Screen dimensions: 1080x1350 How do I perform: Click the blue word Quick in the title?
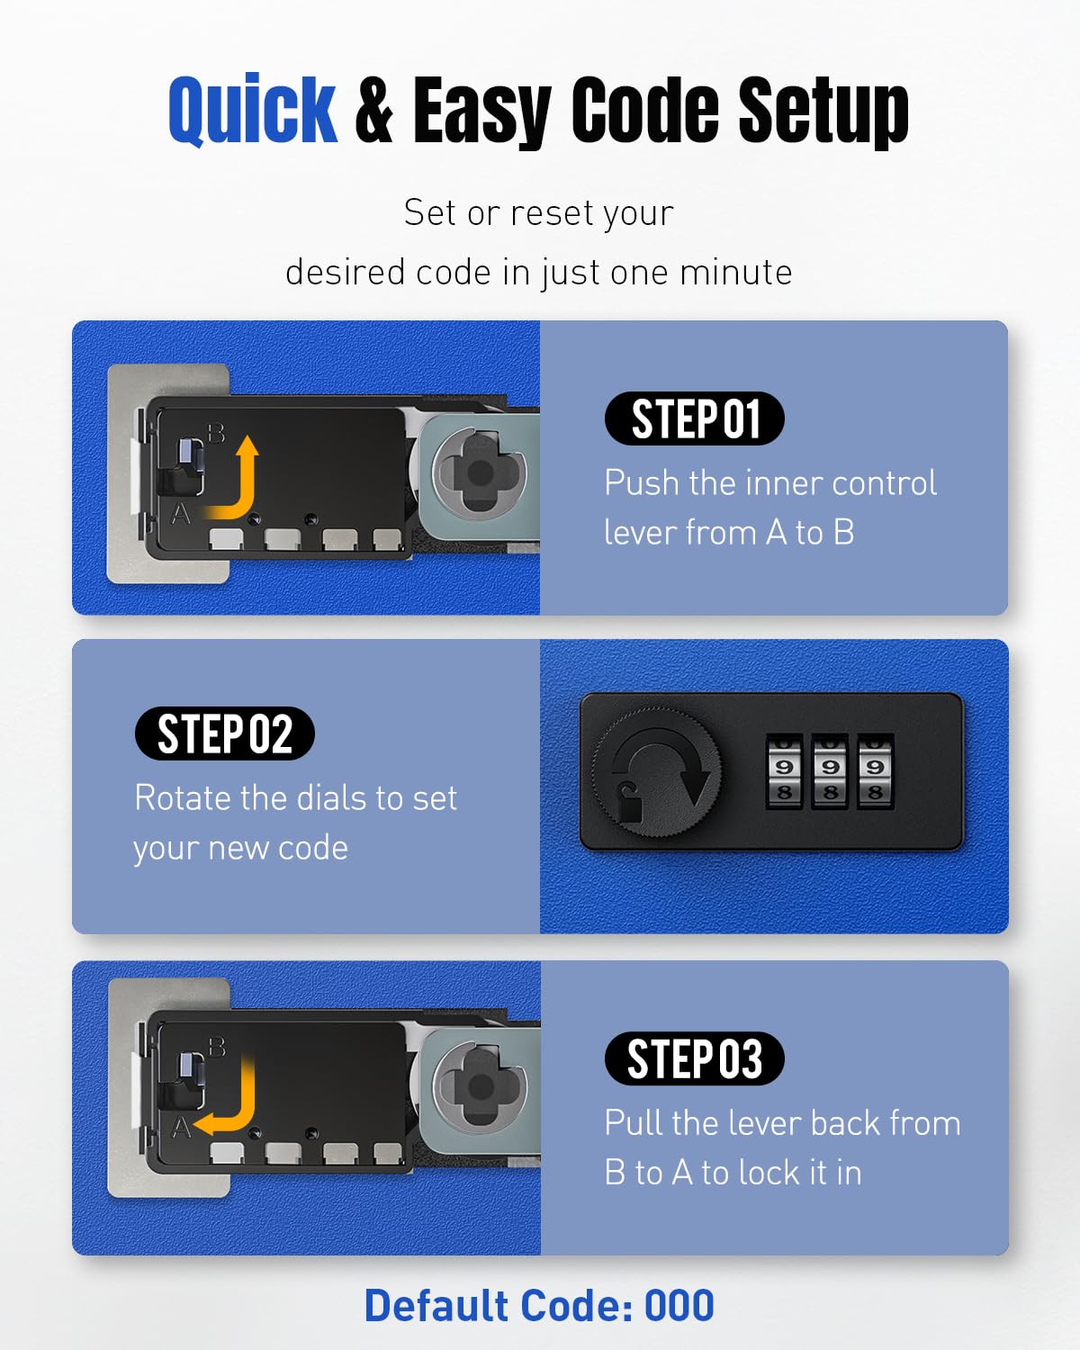click(253, 110)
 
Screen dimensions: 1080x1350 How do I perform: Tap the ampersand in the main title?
click(374, 111)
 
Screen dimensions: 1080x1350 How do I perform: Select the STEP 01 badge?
click(694, 419)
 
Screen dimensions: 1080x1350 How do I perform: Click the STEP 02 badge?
click(225, 733)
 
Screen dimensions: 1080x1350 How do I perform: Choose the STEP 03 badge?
click(694, 1058)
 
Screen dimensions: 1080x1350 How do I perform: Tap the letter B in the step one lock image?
click(216, 433)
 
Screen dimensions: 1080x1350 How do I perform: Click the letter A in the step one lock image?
click(181, 514)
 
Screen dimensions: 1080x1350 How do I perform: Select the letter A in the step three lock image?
click(181, 1128)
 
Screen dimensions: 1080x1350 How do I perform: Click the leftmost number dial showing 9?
click(784, 771)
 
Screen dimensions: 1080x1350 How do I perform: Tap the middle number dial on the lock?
click(830, 771)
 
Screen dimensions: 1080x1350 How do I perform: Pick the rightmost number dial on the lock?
click(876, 771)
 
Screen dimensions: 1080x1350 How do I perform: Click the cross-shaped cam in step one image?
click(480, 472)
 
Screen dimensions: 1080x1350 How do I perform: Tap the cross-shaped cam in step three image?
click(480, 1086)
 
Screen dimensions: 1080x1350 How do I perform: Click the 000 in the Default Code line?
click(679, 1306)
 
